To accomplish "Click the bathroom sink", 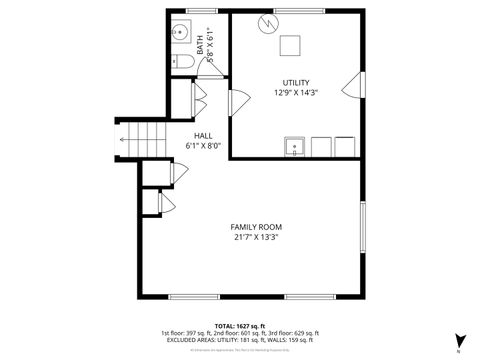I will point(182,32).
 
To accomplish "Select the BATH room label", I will point(200,43).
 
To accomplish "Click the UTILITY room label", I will point(295,82).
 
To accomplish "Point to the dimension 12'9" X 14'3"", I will point(295,92).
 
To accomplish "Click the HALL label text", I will point(203,135).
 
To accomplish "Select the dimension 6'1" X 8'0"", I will point(203,146).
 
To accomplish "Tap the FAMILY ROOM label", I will point(256,227).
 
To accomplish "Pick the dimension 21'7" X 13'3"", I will point(256,238).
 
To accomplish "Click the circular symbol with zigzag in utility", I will point(267,24).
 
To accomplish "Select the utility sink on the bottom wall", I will point(295,148).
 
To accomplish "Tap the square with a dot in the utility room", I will point(290,46).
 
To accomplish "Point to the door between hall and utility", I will point(238,102).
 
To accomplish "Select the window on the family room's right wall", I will point(363,228).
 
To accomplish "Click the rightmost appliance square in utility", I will point(345,147).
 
